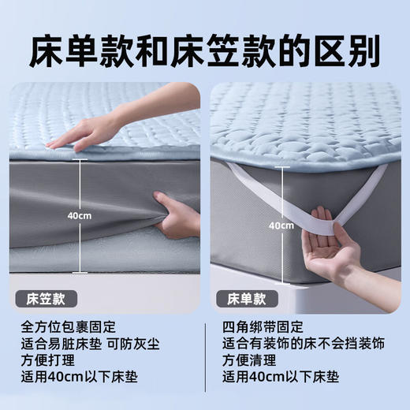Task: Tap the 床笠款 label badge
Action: pyautogui.click(x=46, y=299)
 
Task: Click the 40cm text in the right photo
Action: pyautogui.click(x=280, y=225)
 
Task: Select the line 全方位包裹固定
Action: pyautogui.click(x=69, y=326)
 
